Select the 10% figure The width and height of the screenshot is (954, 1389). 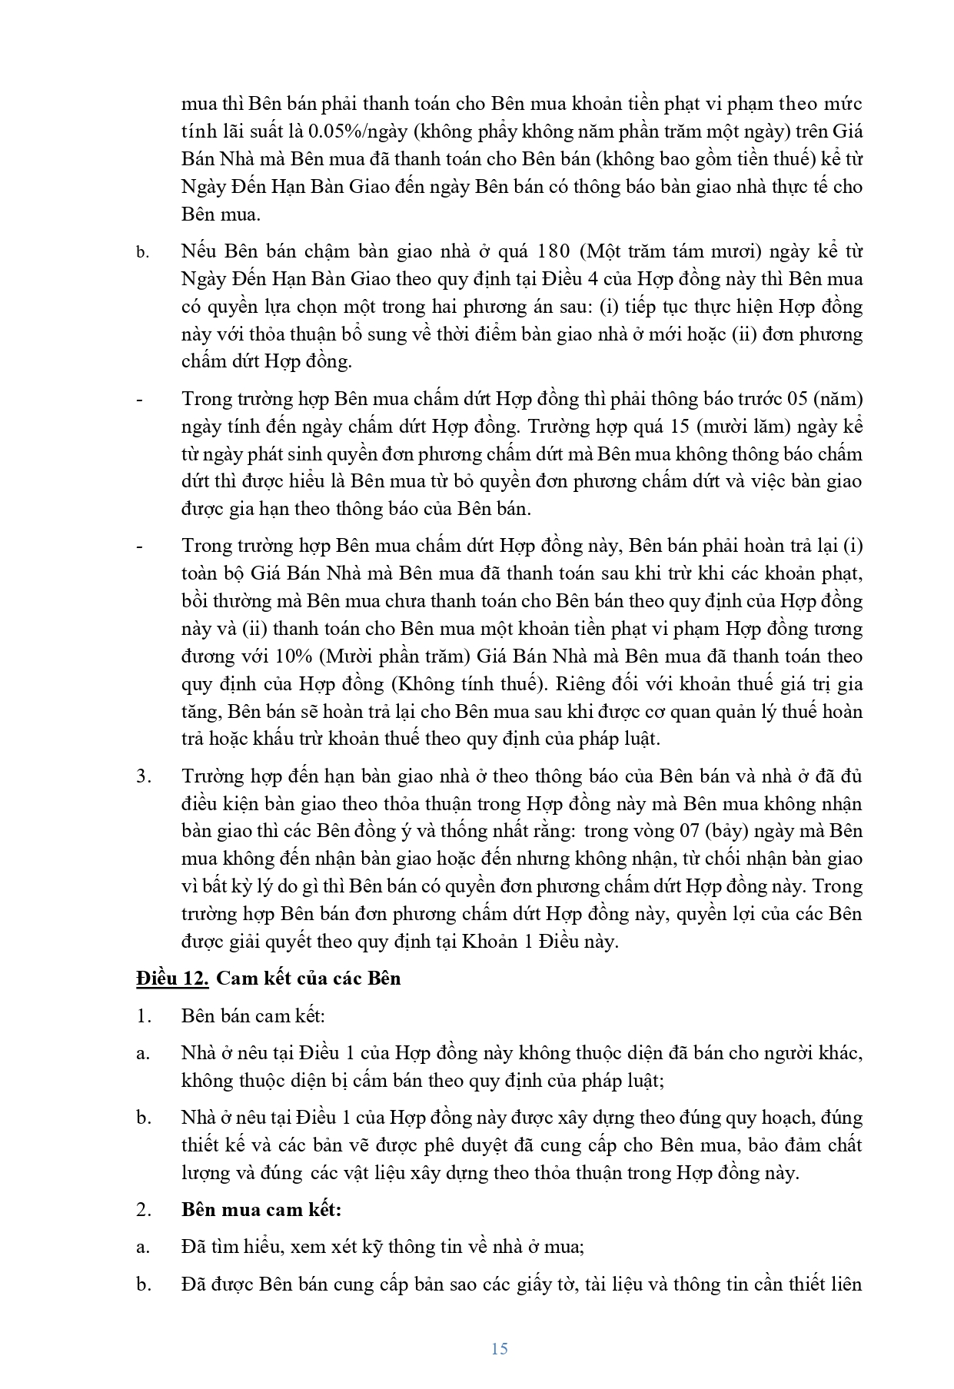[283, 656]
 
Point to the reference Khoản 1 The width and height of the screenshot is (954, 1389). [494, 942]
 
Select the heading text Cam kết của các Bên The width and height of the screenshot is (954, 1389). [308, 979]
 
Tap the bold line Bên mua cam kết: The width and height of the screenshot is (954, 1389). [261, 1209]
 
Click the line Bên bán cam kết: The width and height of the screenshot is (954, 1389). [254, 1015]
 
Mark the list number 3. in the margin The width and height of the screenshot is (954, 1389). [144, 776]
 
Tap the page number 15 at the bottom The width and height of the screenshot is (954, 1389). [499, 1349]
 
